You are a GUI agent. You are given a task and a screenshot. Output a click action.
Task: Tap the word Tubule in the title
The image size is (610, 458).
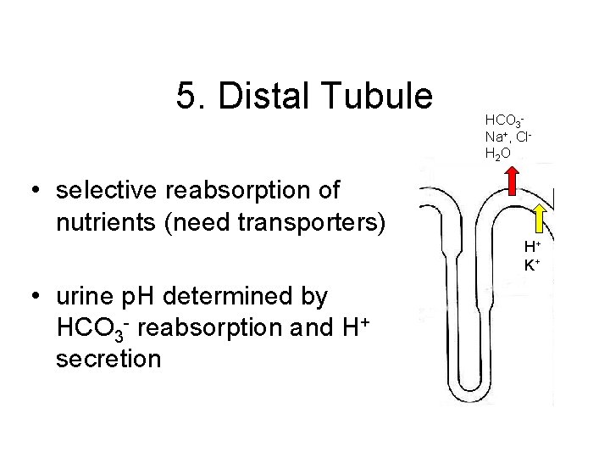click(x=378, y=96)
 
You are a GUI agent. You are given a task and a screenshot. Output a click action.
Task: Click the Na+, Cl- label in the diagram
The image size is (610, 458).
click(x=507, y=138)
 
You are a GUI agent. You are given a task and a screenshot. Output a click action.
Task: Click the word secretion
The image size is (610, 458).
click(x=108, y=360)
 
